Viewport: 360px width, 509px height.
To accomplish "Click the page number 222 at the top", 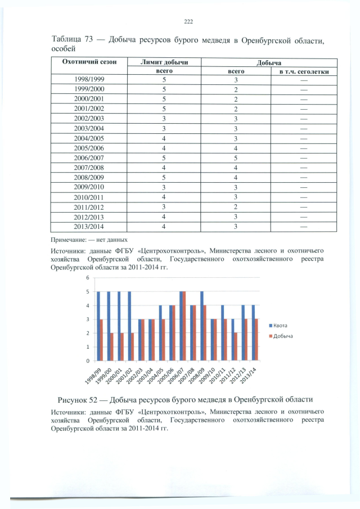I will pyautogui.click(x=188, y=21).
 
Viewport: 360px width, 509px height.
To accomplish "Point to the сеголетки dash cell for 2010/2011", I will pyautogui.click(x=304, y=197).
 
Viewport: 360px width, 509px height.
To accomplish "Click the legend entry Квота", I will pyautogui.click(x=281, y=326).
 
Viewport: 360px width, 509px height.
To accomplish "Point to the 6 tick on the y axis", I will pyautogui.click(x=88, y=278).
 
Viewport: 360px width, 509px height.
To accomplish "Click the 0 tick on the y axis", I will pyautogui.click(x=88, y=361).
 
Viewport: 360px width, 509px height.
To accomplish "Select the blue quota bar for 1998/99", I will pyautogui.click(x=98, y=326).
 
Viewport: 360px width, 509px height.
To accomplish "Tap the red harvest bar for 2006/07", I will pyautogui.click(x=184, y=326).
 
